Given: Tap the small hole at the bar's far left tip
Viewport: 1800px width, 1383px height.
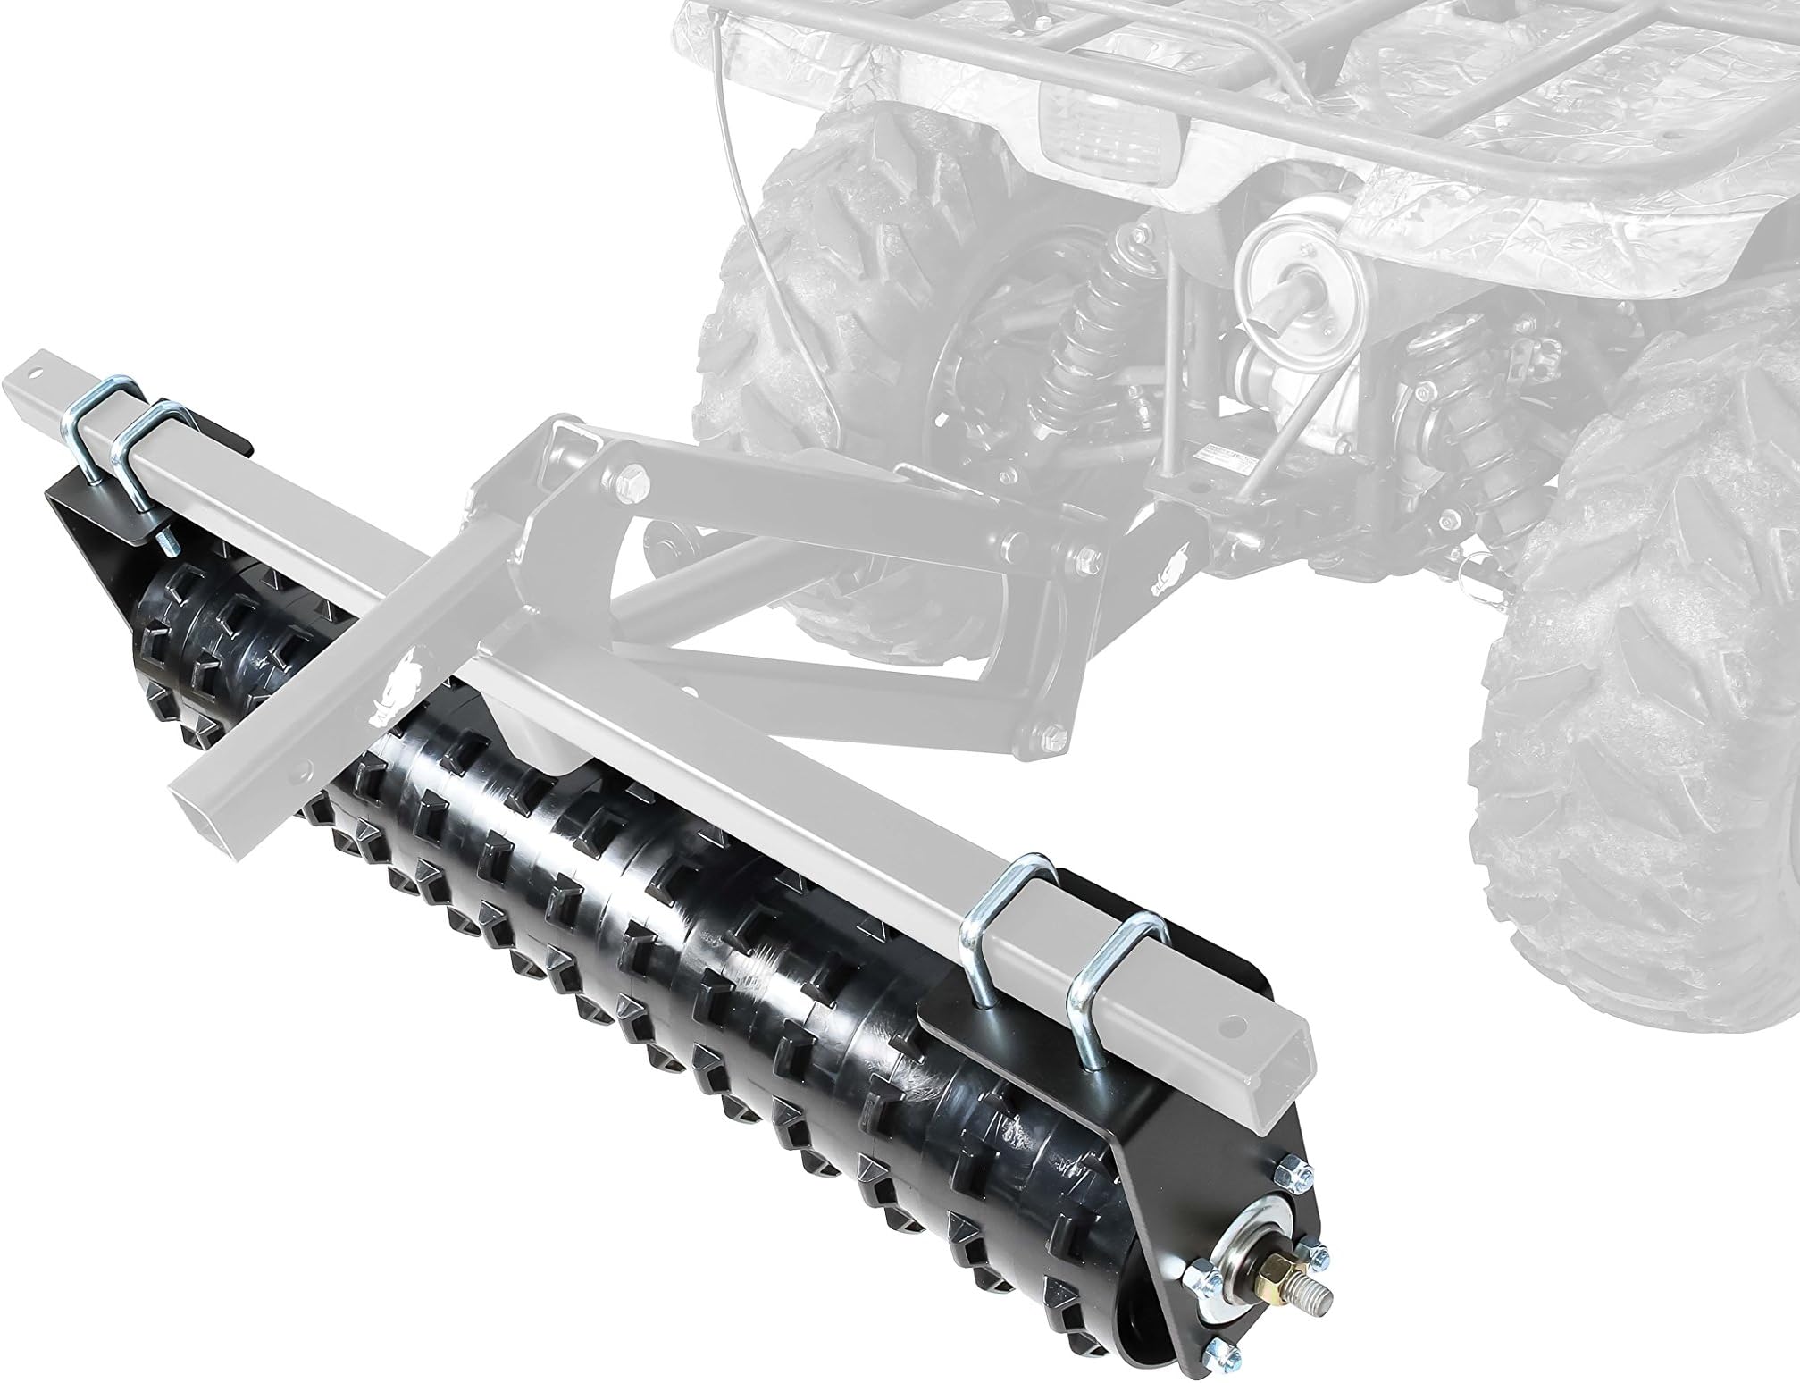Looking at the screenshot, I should click(37, 369).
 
